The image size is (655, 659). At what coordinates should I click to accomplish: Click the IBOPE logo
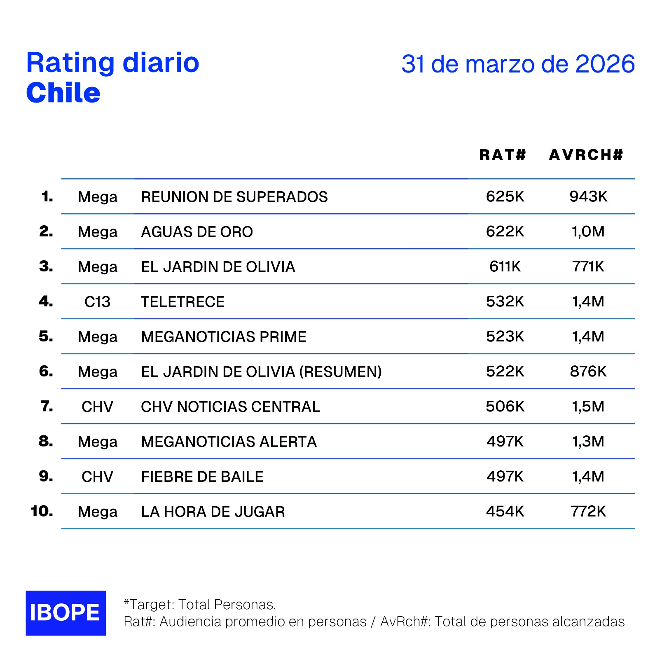coord(65,612)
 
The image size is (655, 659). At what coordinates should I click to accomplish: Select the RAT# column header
coord(503,155)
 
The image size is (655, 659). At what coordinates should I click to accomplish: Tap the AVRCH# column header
coord(586,155)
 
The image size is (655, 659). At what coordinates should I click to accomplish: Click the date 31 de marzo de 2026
coord(518,64)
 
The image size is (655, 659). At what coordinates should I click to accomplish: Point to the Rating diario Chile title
coord(112,77)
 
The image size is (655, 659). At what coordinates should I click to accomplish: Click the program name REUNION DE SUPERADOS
coord(234,197)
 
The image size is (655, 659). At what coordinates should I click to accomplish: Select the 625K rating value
coord(505,196)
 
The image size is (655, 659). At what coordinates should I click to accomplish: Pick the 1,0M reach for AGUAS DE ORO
coord(588,231)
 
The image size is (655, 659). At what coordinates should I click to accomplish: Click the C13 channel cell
coord(97,302)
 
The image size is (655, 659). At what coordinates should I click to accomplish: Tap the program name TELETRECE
coord(182,302)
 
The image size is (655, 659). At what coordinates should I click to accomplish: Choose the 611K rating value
coord(505,266)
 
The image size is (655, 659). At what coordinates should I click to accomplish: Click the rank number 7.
coord(47,407)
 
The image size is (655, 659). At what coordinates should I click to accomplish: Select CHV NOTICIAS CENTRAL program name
coord(230,407)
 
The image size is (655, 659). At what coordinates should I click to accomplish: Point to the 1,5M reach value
coord(588,407)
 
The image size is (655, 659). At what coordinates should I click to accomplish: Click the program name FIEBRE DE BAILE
coord(202,477)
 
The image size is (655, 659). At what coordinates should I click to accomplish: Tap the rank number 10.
coord(42,511)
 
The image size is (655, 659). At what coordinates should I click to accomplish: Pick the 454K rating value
coord(505,512)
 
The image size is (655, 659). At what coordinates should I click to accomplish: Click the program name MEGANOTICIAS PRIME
coord(223,337)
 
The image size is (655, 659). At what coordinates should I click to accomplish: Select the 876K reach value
coord(588,372)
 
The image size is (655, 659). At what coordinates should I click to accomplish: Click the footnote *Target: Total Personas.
coord(200,605)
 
